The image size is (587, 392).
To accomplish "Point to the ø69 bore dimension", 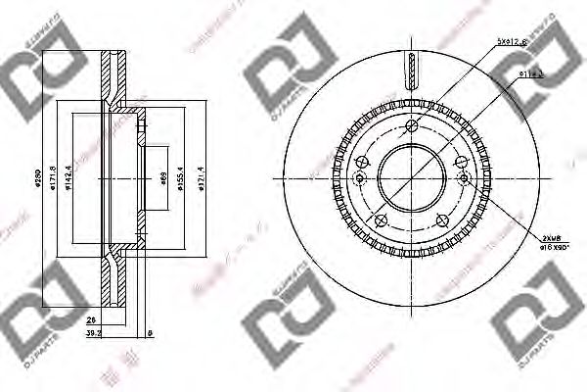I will (162, 180).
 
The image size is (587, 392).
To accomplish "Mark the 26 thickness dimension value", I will (91, 320).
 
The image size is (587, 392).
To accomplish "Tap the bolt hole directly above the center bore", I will (411, 124).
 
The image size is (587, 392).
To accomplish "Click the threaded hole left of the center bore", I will (358, 177).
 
